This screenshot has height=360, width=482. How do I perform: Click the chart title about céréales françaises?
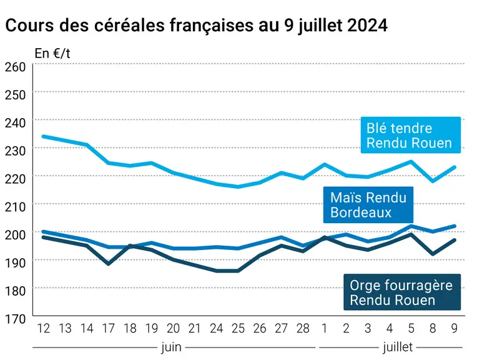coord(197,26)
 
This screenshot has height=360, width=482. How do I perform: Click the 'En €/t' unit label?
coord(52,54)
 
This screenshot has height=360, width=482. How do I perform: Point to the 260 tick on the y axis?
coord(16,67)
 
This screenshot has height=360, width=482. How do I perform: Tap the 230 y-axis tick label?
coord(16,151)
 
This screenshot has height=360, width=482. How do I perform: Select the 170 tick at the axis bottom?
coord(16,319)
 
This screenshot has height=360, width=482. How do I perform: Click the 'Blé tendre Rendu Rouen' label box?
coord(411,135)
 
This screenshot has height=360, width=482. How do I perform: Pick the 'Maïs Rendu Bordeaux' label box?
coord(368,204)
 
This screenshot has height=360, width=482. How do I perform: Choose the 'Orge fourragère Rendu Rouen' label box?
coord(402,292)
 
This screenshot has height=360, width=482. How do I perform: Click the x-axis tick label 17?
coord(108,329)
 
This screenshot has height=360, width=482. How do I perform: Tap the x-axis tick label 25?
coord(238,329)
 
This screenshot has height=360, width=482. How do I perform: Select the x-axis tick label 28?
coord(303,329)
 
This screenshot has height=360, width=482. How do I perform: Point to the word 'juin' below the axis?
coord(171,347)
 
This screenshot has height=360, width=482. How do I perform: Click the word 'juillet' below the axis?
coord(398,347)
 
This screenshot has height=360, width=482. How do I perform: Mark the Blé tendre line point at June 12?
coord(43,136)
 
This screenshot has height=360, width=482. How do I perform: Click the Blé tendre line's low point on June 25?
coord(238,187)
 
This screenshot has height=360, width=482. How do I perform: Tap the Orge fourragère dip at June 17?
coord(108,264)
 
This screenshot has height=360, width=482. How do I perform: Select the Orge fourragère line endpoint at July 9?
coord(455,240)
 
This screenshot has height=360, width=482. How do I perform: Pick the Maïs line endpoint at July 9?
coord(455,226)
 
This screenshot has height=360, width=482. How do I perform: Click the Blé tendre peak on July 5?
coord(411,161)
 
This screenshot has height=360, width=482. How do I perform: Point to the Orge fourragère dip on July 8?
coord(433,254)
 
